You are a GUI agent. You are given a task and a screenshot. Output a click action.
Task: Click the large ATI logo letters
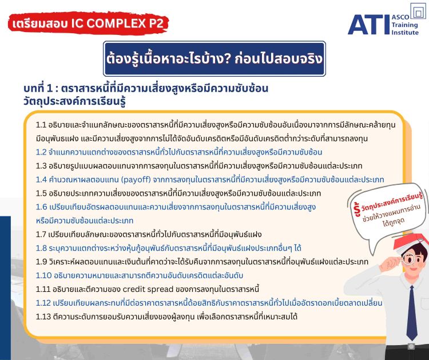point(368,25)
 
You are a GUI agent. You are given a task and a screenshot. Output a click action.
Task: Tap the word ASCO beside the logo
point(400,17)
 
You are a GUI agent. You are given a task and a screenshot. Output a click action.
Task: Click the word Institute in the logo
point(405,32)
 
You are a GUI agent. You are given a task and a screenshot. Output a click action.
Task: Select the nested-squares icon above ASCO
point(418,11)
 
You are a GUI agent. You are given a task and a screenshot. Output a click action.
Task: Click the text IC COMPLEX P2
point(117,23)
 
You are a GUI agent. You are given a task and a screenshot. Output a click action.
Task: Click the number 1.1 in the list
point(41,125)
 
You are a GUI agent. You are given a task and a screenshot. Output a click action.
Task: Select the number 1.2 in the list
point(41,152)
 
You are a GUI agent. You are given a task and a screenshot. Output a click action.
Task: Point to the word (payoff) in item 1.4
point(136,180)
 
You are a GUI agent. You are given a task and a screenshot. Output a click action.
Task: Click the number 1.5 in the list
point(41,193)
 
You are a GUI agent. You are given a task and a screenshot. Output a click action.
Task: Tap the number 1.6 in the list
point(42,207)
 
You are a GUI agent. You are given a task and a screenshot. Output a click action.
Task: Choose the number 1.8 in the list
point(41,248)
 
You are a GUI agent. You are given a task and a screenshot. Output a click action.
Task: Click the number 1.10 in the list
point(44,276)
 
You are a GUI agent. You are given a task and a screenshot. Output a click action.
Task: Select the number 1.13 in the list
point(43,317)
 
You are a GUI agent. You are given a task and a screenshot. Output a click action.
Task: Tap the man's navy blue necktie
point(412,312)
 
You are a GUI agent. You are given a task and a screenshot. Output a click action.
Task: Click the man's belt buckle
point(411,347)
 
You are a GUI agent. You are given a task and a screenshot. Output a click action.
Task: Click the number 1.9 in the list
point(41,262)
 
